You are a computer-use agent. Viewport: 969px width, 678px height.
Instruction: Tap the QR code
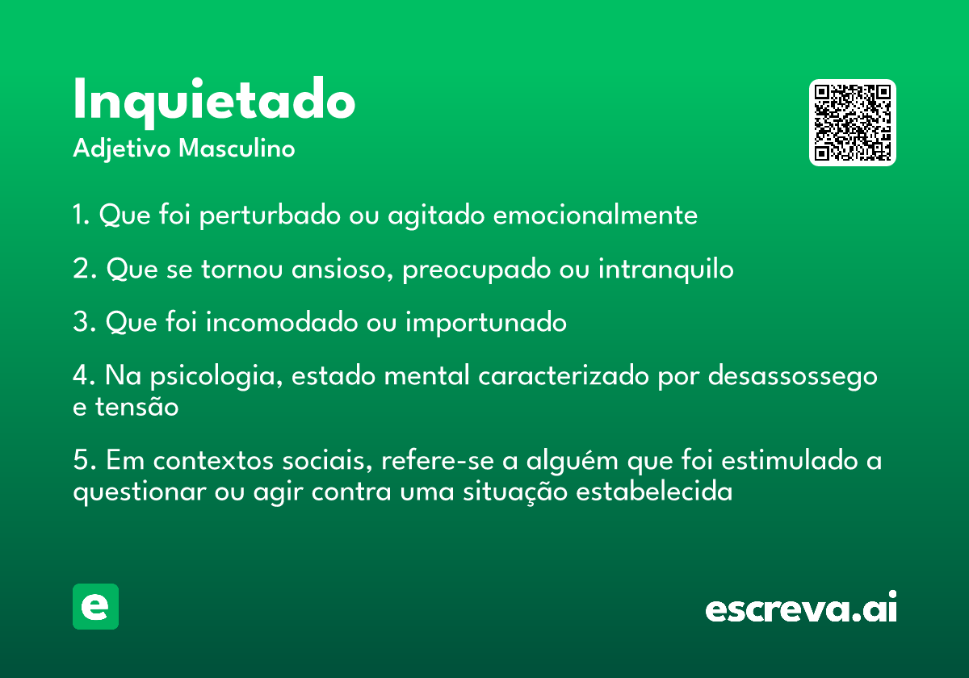coord(852,123)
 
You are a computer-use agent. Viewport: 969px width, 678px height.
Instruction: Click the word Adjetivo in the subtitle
coord(122,149)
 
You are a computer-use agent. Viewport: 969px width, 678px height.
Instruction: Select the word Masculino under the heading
coord(237,149)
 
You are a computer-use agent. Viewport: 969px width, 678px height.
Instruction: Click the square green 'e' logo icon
coord(95,606)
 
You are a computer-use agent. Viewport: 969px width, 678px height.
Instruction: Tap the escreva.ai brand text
coord(801,606)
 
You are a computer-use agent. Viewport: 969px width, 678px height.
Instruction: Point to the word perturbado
coord(270,215)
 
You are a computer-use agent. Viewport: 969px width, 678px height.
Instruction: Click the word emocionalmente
coord(595,215)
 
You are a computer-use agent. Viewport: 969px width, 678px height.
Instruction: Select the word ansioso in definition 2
coord(342,269)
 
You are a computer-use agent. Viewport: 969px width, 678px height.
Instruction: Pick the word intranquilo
coord(665,269)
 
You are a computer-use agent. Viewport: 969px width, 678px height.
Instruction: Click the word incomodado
coord(282,322)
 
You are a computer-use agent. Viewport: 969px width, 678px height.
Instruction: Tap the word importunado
coord(486,323)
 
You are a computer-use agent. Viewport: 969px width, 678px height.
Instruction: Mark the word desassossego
coord(792,376)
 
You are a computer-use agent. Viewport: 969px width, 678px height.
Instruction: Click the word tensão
coord(136,407)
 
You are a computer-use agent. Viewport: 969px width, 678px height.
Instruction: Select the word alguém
coord(572,461)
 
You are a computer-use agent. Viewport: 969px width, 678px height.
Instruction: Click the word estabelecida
coord(654,492)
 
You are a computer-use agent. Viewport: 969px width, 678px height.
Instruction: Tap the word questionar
coord(139,492)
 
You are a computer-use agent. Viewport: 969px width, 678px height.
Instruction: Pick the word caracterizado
coord(564,375)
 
